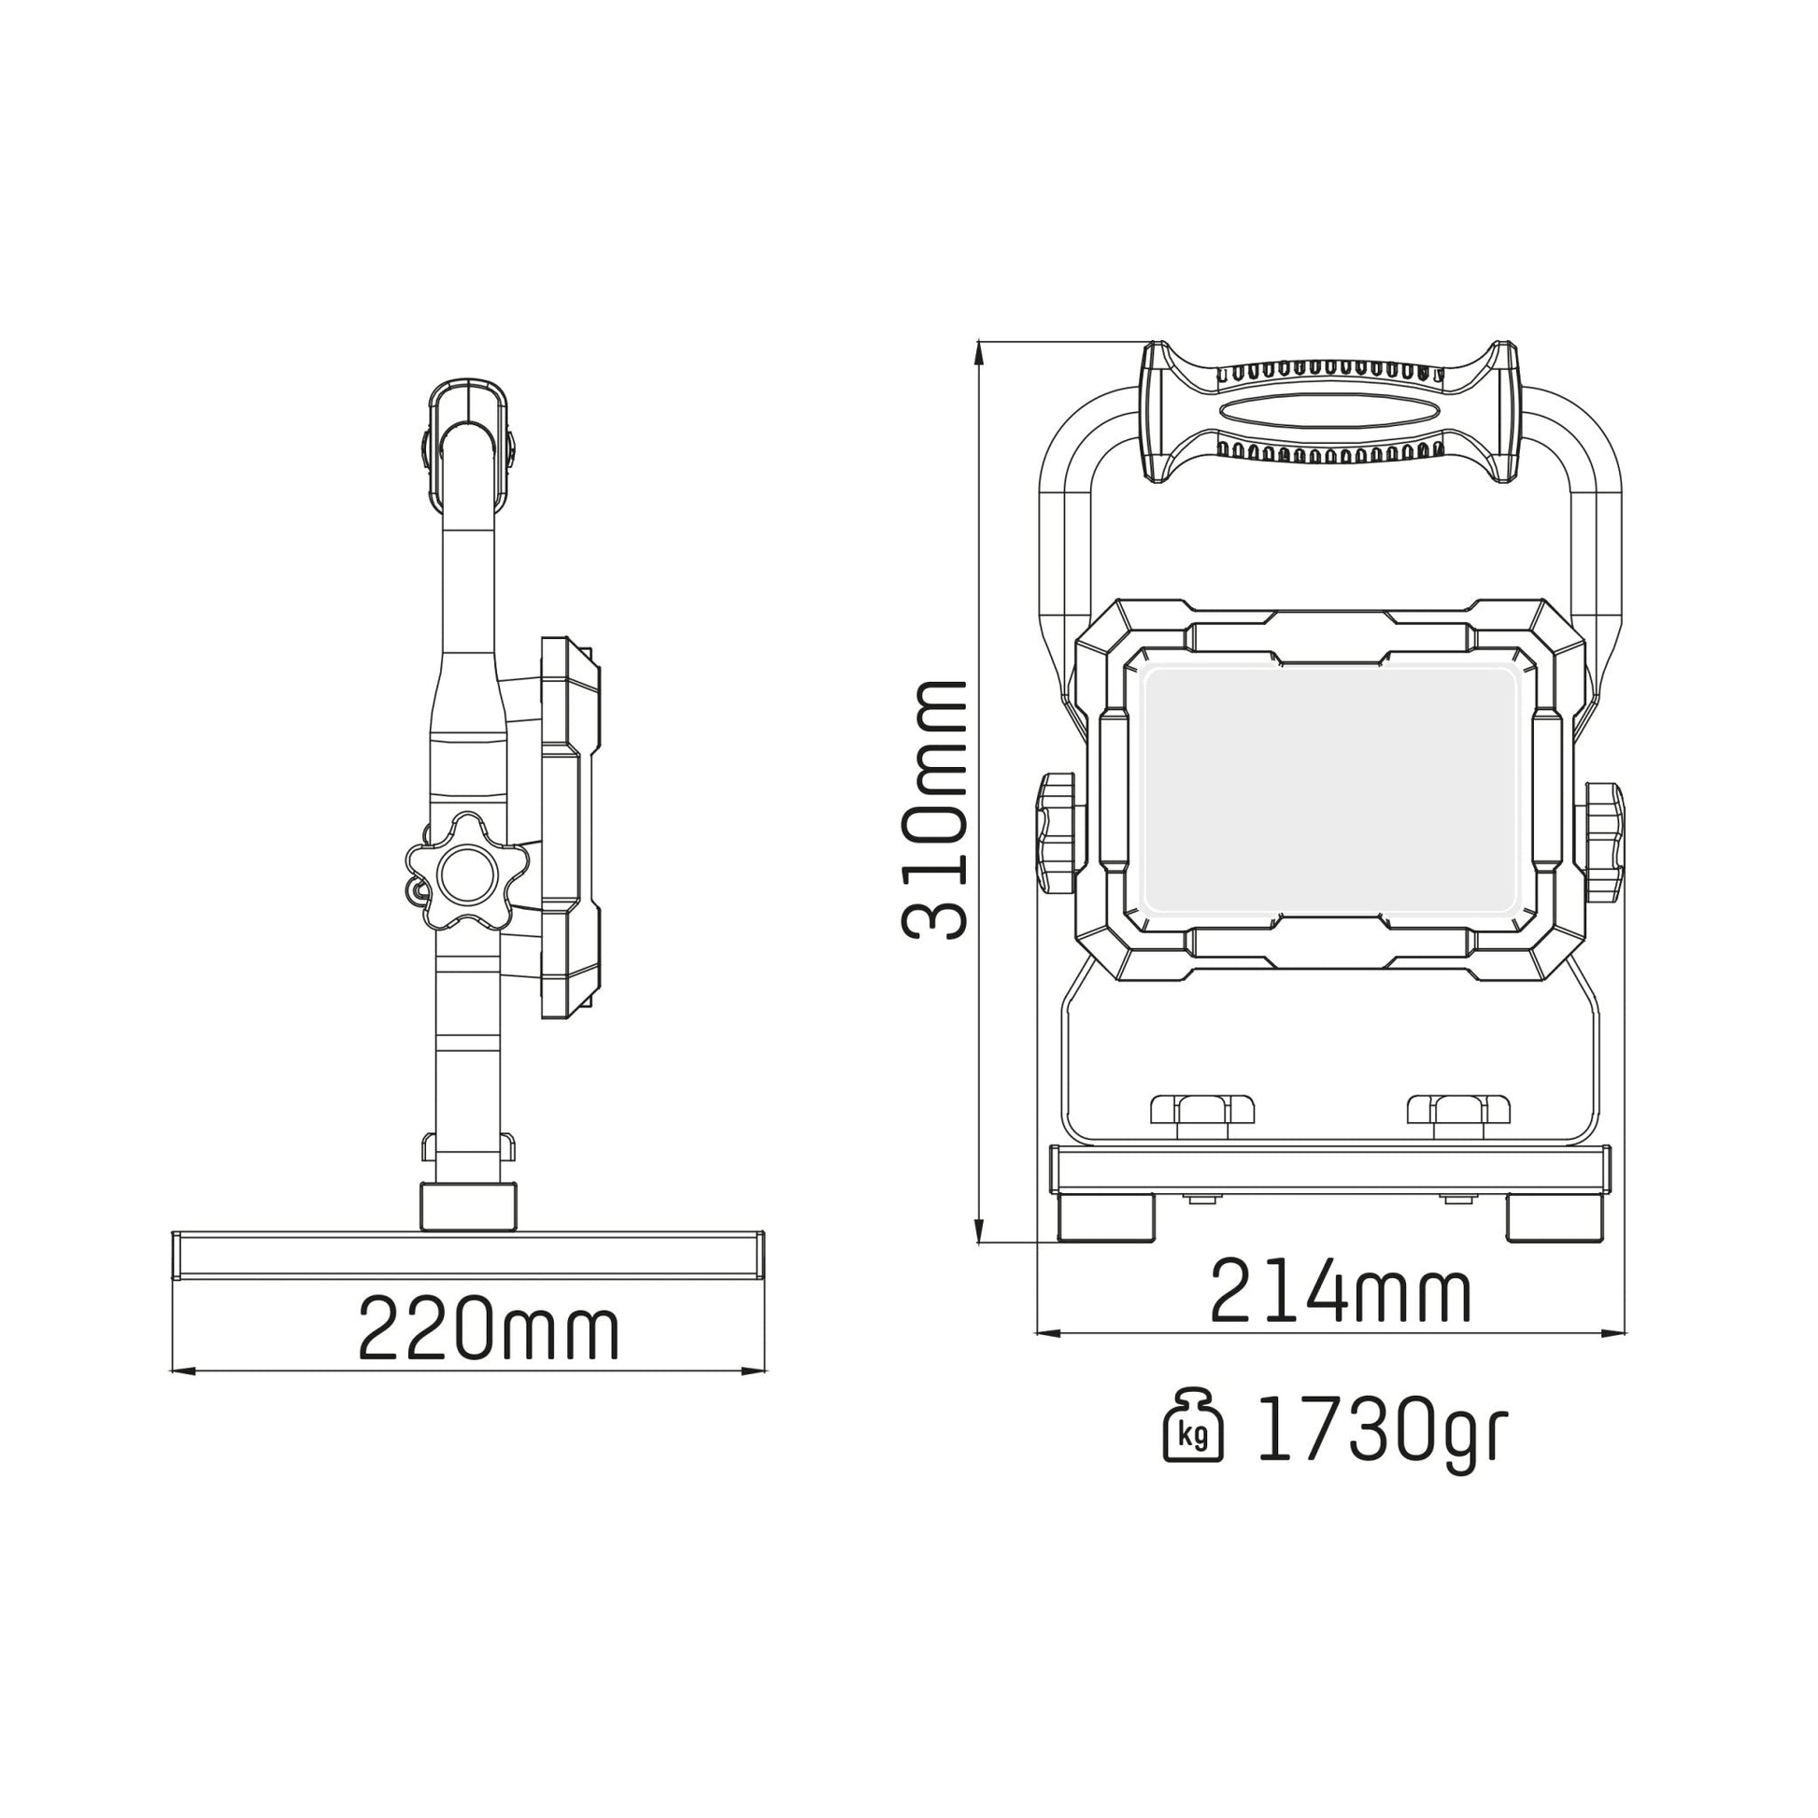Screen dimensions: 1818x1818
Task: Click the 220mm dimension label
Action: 489,1328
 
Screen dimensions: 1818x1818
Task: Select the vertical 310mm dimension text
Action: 934,809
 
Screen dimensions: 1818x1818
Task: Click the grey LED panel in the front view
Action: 1328,788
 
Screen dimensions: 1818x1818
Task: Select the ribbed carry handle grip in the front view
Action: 1329,412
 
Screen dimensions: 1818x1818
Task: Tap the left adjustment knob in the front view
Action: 1058,833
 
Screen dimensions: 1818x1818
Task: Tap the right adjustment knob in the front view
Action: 1602,833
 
